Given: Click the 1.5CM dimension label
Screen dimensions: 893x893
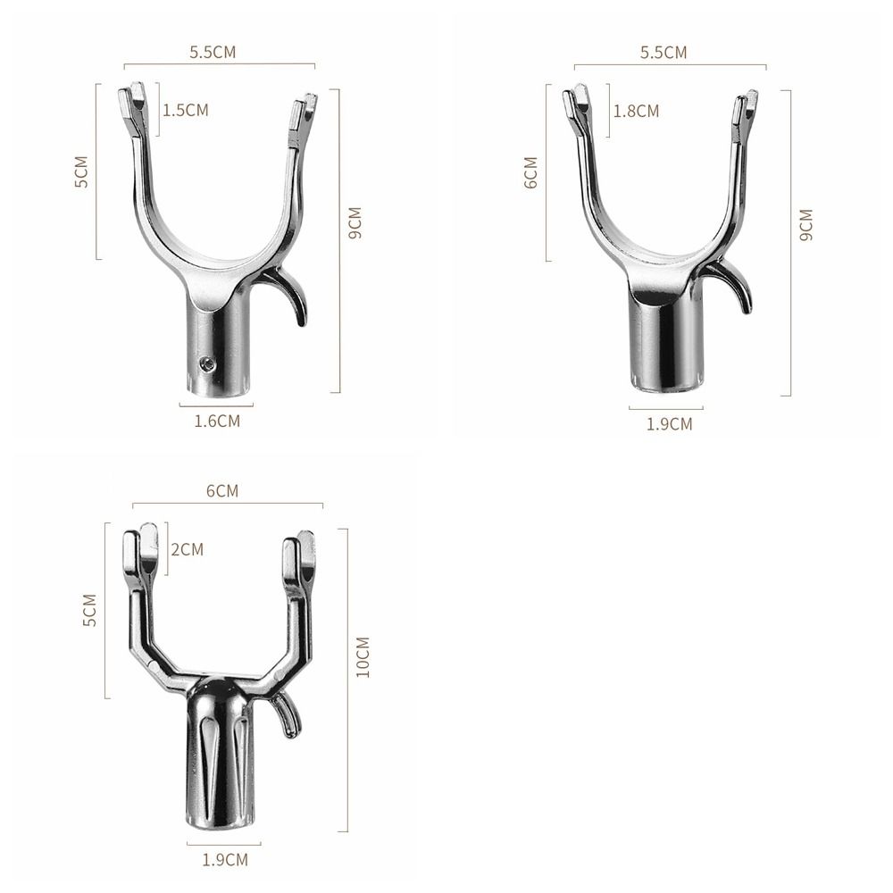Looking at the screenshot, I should [185, 110].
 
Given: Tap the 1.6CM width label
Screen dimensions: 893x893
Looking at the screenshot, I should [217, 420].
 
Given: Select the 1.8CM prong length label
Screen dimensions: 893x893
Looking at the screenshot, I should [636, 111].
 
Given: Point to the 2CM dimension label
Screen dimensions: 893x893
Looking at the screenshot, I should [187, 549].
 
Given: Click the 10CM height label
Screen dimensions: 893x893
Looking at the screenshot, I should [362, 656].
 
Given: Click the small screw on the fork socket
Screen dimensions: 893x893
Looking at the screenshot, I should [206, 363].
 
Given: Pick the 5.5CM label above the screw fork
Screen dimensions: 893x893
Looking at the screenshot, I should [213, 52].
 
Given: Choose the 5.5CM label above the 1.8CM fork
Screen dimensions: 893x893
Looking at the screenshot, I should [663, 52].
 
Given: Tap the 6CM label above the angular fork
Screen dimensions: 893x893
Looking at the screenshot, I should [221, 491].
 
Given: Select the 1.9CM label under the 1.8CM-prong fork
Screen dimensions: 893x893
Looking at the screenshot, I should [669, 423].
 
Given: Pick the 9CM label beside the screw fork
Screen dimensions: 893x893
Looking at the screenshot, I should [355, 223].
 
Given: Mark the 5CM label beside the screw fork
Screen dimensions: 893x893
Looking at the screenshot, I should [81, 171].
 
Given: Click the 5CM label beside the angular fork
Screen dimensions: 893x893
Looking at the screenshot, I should [89, 609].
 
